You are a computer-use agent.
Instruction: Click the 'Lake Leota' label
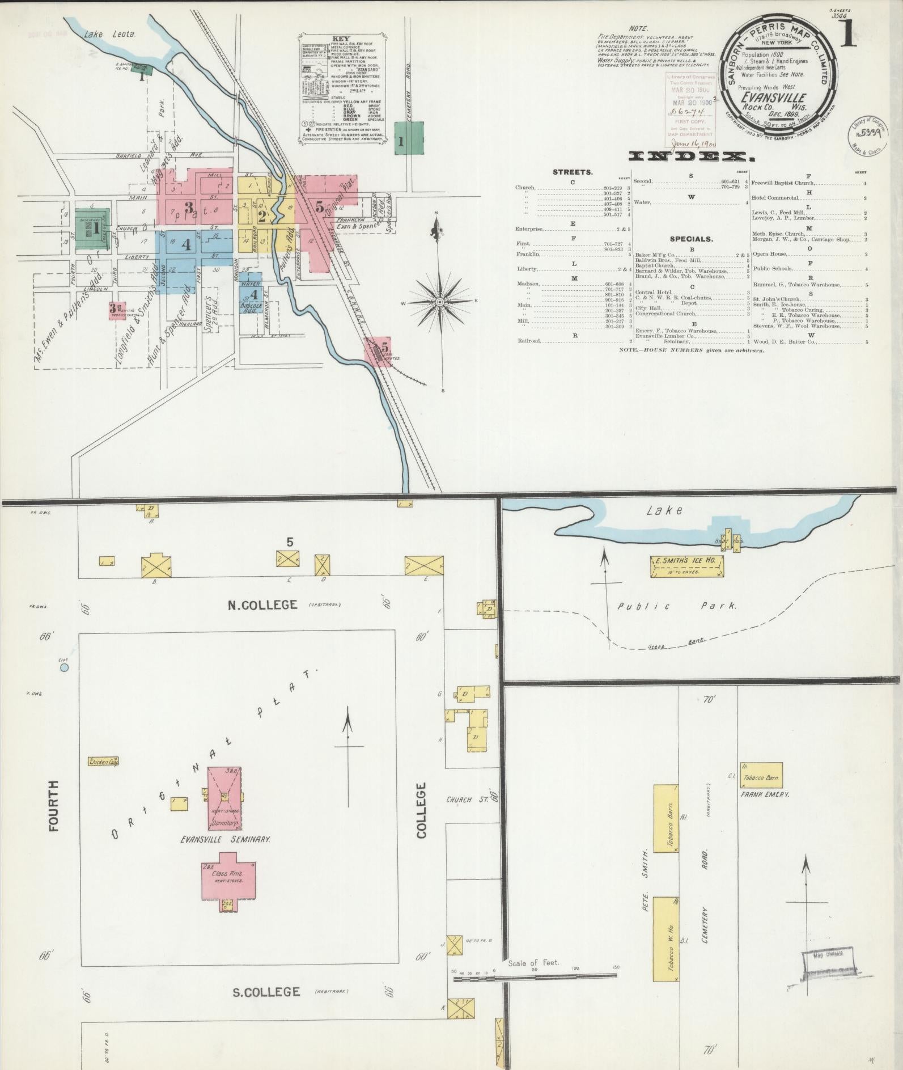(110, 35)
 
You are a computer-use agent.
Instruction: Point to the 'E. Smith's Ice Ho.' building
(687, 565)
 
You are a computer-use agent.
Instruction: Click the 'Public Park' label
(677, 606)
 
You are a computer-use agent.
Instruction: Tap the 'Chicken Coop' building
(103, 762)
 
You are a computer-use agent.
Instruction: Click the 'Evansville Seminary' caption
(224, 839)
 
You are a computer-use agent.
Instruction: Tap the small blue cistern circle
(64, 667)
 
